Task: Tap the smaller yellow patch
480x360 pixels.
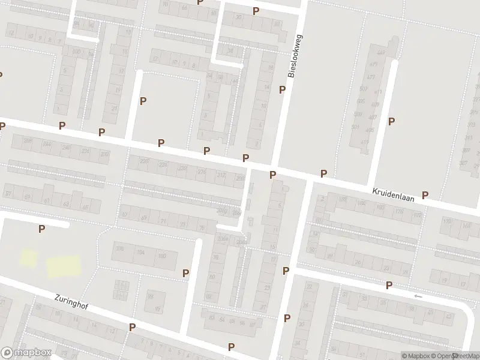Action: click(x=28, y=258)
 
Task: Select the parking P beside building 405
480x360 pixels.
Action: click(x=391, y=121)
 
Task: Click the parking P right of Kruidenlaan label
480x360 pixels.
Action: click(x=425, y=194)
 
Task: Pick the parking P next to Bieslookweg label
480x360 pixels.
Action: click(x=282, y=89)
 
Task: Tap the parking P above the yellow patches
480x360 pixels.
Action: click(x=41, y=229)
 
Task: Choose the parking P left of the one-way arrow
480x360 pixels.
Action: click(x=389, y=286)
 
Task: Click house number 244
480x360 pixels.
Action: click(x=47, y=145)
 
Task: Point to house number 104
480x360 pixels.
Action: click(x=141, y=253)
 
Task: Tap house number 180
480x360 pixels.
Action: click(x=380, y=208)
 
